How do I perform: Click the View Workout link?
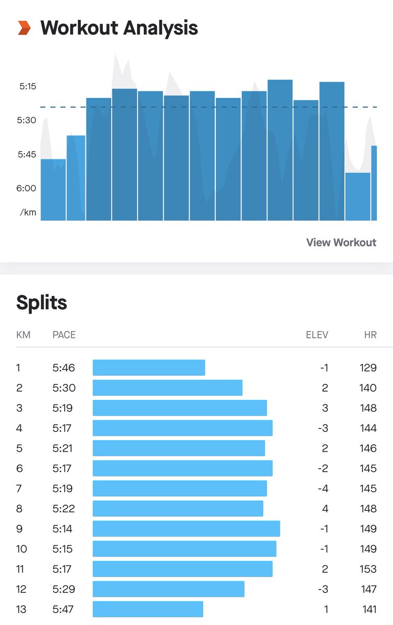point(341,242)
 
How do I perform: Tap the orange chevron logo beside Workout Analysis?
point(24,28)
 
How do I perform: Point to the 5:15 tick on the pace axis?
point(28,86)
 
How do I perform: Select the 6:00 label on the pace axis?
point(27,188)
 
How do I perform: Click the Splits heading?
point(42,303)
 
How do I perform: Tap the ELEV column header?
point(317,335)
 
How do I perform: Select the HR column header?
point(370,335)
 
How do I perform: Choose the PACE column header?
point(64,335)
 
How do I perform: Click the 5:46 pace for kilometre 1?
point(64,368)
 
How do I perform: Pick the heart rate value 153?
point(368,569)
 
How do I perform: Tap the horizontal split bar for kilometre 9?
point(186,529)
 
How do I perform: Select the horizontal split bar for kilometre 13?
point(148,609)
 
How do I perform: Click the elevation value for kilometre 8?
point(325,509)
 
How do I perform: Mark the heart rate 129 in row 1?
point(368,368)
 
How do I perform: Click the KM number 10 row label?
point(21,549)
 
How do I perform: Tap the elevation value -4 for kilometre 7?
point(323,489)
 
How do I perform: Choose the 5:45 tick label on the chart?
point(28,154)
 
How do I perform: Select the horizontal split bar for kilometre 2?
point(167,388)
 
